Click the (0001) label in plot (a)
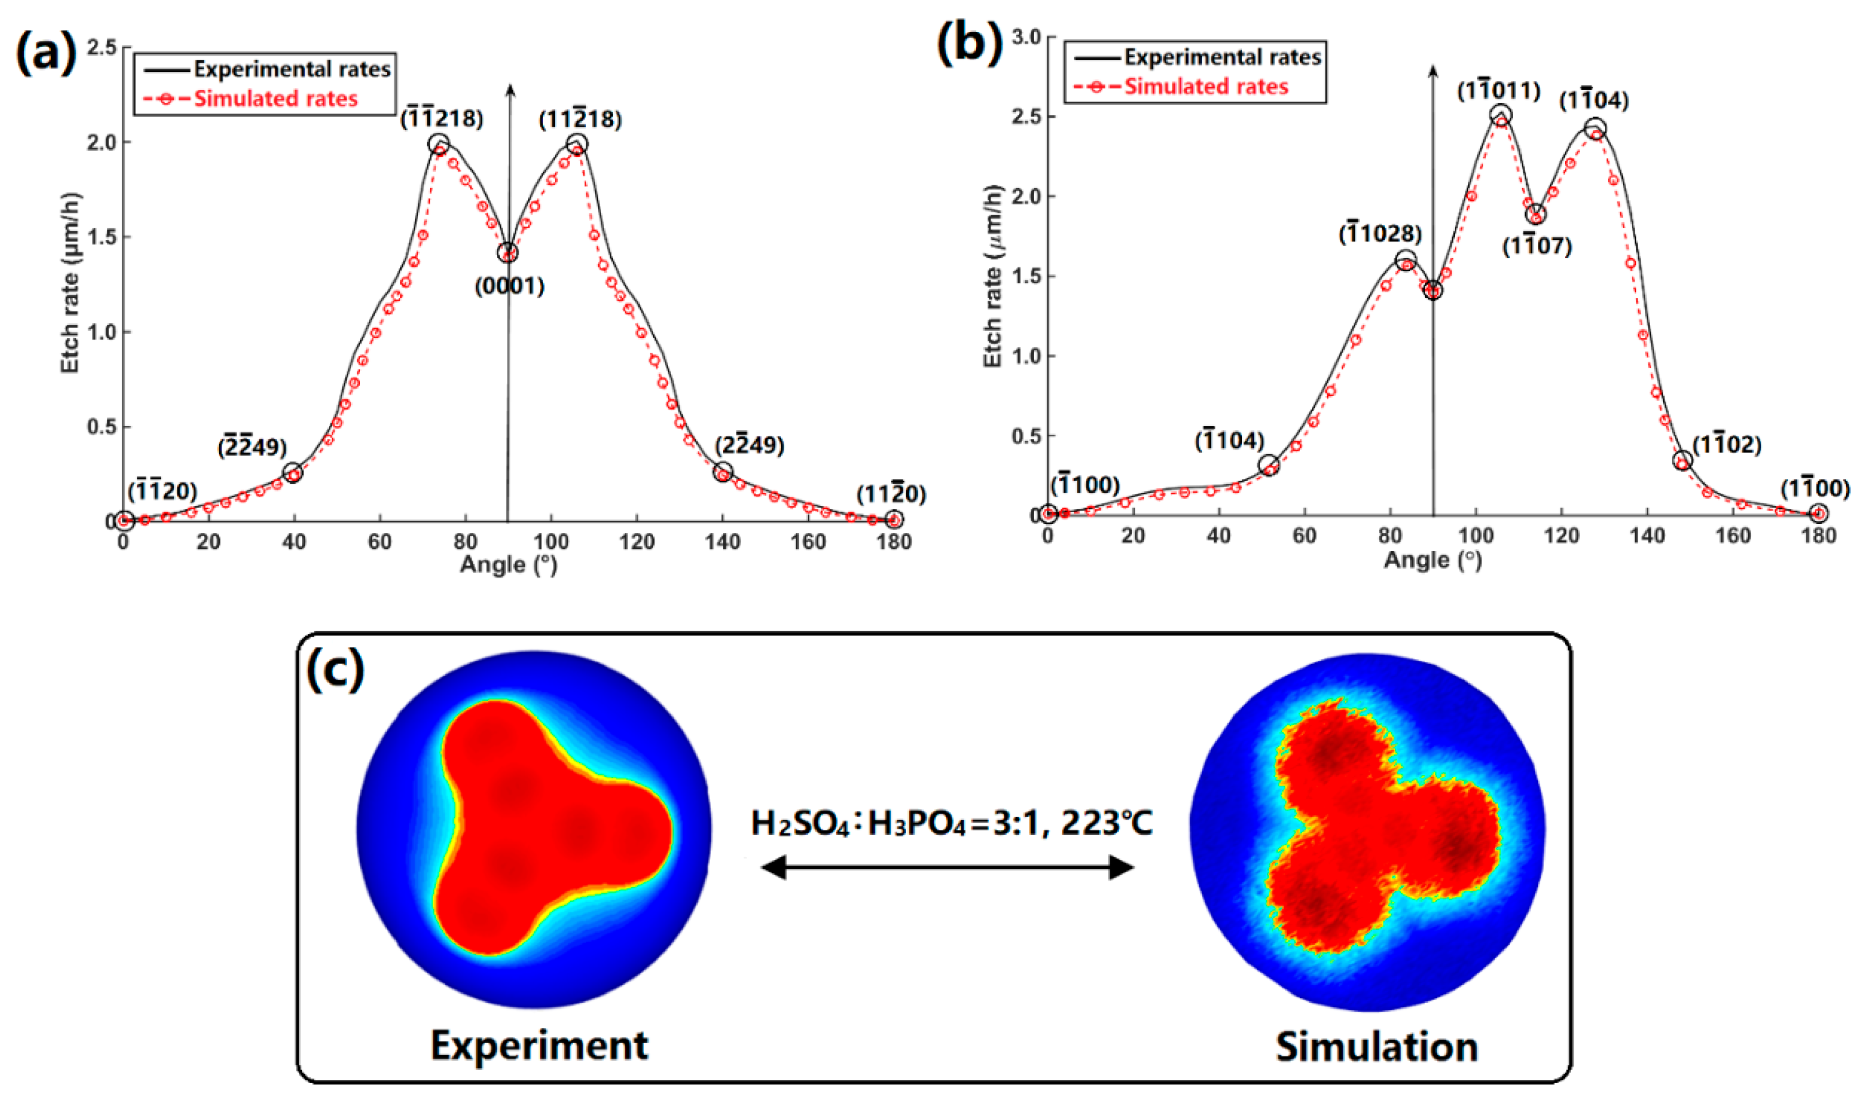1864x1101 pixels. (510, 286)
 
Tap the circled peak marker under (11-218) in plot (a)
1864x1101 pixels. (577, 144)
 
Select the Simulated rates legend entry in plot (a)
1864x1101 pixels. (275, 99)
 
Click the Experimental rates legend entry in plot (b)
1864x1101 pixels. (1221, 57)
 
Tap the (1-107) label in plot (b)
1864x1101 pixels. (1537, 246)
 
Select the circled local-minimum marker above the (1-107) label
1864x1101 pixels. (1536, 214)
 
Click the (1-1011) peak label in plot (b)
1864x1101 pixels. (1499, 90)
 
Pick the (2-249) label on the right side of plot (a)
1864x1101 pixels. (750, 445)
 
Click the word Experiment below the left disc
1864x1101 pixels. (539, 1045)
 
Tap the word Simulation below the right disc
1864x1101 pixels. (1377, 1047)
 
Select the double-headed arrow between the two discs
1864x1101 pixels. (947, 867)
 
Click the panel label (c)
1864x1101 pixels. (336, 669)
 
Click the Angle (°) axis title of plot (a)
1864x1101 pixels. (509, 565)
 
